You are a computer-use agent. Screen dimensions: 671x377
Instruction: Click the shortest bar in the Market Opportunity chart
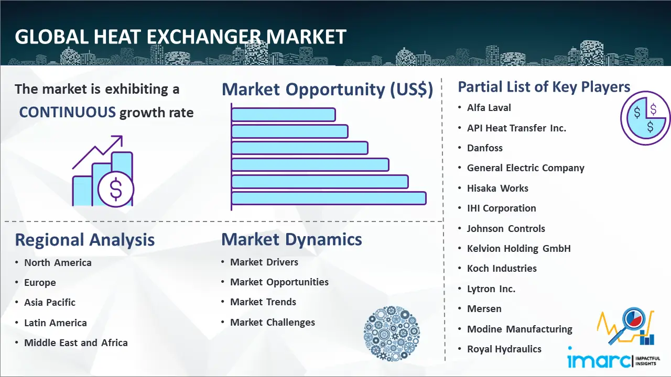click(284, 115)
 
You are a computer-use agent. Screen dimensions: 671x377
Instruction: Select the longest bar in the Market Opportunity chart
click(329, 198)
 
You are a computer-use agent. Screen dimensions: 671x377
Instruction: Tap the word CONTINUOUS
click(68, 113)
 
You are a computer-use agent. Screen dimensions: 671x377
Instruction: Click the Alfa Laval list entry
click(489, 108)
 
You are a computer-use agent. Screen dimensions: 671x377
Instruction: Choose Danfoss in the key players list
click(485, 148)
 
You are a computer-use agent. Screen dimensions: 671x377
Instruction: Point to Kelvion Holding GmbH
click(519, 248)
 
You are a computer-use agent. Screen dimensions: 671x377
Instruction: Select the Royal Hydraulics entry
click(504, 349)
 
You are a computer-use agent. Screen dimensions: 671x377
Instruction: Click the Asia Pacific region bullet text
click(50, 303)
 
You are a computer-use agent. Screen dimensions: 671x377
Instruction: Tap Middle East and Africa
click(76, 342)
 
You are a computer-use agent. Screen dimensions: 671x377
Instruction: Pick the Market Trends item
click(263, 302)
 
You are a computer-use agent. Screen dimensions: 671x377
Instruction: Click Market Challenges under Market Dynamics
click(273, 322)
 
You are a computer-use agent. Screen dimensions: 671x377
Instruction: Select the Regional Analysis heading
click(85, 240)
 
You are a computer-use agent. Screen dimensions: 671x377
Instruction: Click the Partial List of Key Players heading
click(544, 87)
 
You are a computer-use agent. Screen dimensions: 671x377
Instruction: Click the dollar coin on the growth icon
click(116, 190)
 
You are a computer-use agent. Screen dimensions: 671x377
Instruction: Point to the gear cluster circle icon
click(392, 334)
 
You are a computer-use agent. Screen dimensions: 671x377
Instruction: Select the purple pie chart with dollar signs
click(645, 118)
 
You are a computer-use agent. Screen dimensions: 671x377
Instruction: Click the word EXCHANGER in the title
click(204, 37)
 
